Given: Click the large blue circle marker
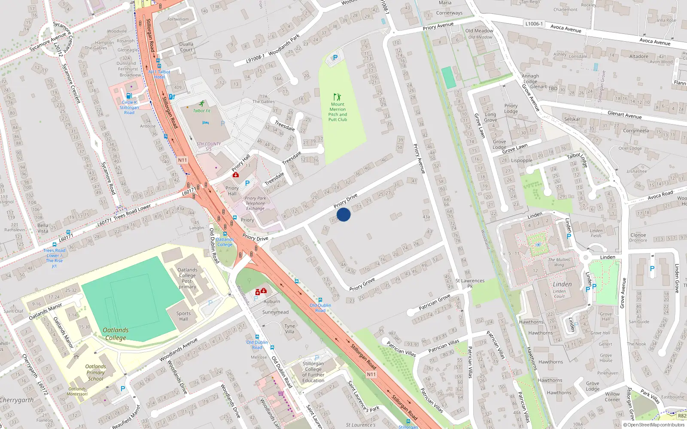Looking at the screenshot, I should pos(343,214).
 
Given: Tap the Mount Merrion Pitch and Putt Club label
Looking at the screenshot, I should pos(337,112).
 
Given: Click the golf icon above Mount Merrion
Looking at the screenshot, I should pos(337,97).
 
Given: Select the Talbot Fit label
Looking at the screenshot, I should pos(201,111).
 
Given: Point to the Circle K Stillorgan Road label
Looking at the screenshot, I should pos(129,108).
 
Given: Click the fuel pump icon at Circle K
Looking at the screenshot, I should pos(128,96).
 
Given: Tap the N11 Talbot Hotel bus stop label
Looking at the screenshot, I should pos(159,74).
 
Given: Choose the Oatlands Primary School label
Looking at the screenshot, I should pos(95,372).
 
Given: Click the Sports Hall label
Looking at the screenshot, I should pos(183,316).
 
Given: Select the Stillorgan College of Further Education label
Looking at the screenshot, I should pos(313,372).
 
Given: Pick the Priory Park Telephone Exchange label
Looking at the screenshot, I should pos(255,203).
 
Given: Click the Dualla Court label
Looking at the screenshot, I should pos(186,47).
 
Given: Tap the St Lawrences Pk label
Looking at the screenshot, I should pos(470,283).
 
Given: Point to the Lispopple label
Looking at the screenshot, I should pos(521,160).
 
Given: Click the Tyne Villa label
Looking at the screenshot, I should pos(290,329).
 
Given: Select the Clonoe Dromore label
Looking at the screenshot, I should pos(638,238).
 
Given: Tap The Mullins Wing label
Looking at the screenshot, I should pos(559,262).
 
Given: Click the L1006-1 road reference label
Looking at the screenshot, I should pos(534,24).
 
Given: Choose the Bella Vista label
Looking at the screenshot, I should pos(43,228).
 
